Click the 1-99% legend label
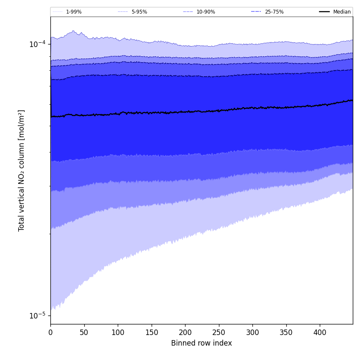pos(74,12)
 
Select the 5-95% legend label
pos(139,12)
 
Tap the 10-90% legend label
pos(206,12)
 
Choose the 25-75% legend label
pos(274,12)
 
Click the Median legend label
pos(342,12)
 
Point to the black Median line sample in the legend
pos(324,12)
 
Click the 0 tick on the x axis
pos(50,333)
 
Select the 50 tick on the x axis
pos(84,333)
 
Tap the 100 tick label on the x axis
pos(118,333)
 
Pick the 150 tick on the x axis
pos(151,333)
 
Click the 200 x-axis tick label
pos(185,333)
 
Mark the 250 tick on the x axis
pos(219,333)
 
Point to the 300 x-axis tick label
pos(252,333)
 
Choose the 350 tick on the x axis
pos(286,333)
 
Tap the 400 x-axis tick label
pos(320,333)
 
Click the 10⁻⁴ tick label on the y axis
pos(37,44)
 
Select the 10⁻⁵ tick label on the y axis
pos(37,316)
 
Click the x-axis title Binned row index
pos(202,343)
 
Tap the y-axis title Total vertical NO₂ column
pos(22,170)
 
